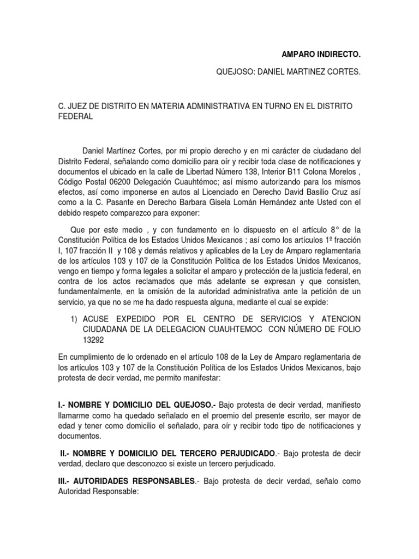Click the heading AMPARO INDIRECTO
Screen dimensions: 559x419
pos(321,55)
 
